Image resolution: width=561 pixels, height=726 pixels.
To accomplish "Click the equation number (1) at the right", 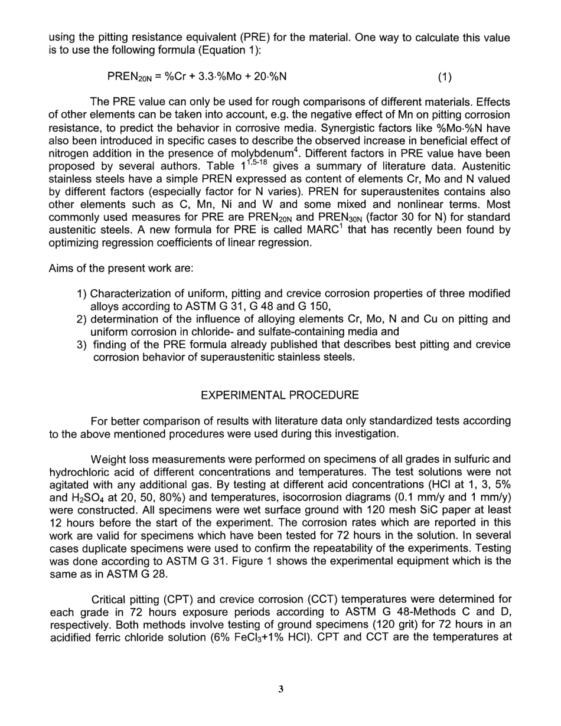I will coord(445,77).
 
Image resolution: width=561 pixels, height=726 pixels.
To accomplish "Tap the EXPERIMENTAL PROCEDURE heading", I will coord(280,395).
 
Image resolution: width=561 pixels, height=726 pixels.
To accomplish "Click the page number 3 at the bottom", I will coord(280,689).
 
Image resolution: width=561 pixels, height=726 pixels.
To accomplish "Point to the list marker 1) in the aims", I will coord(82,294).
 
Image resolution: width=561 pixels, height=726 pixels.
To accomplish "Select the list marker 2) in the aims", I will coord(82,319).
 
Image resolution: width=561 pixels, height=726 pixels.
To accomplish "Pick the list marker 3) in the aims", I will coord(82,345).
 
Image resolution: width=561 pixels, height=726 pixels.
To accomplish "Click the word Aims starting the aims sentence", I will coord(61,269).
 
